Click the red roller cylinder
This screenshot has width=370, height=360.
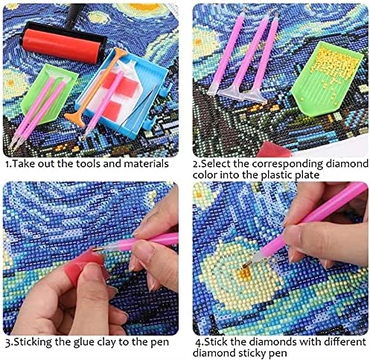click(61, 45)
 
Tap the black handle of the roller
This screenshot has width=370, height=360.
click(74, 13)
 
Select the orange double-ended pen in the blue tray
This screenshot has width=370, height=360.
click(96, 85)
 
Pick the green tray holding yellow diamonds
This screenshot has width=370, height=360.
click(326, 80)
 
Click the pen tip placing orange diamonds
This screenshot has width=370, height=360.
click(246, 265)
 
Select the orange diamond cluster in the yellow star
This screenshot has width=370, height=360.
click(244, 274)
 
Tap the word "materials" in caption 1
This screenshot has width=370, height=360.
click(147, 164)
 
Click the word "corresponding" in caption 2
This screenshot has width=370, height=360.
click(287, 164)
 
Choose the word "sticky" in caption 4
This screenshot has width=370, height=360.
click(252, 353)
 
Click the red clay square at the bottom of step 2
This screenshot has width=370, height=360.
click(274, 149)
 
